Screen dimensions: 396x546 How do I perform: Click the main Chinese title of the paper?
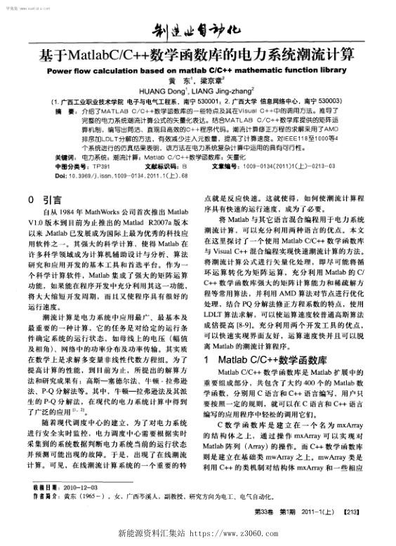tap(198, 54)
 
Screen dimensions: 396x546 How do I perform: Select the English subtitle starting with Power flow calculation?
tap(197, 70)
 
